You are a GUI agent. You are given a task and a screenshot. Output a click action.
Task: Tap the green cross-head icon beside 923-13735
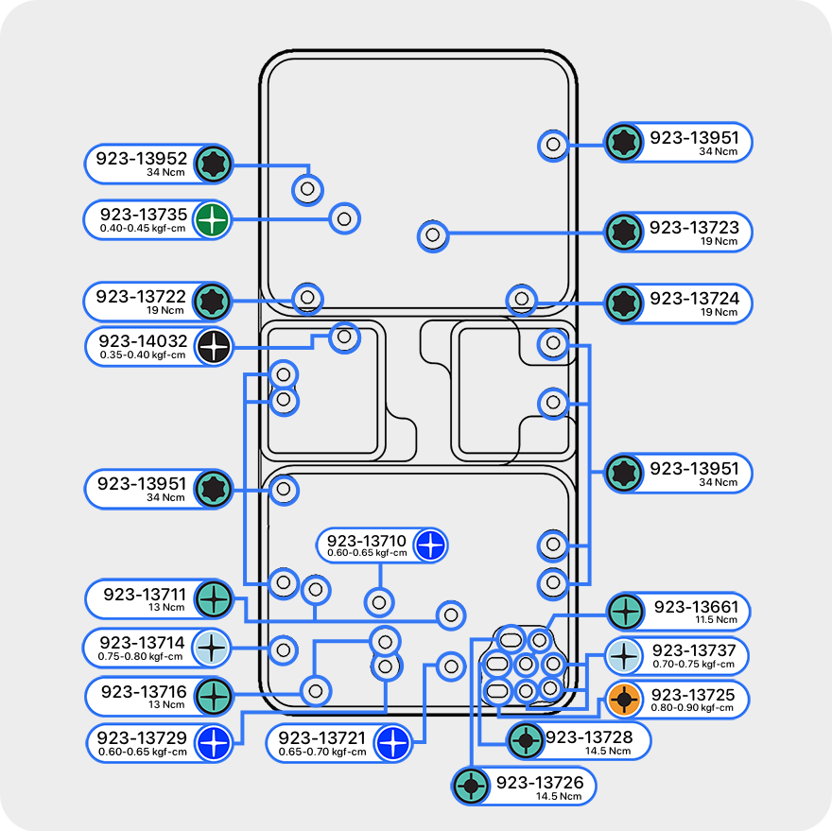(213, 220)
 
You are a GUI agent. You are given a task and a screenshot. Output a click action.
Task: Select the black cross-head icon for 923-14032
(214, 346)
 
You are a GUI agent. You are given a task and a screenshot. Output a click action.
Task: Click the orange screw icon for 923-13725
(624, 701)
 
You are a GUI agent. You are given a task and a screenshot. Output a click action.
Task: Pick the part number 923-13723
(694, 227)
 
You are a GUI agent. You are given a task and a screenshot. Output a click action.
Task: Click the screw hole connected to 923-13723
(433, 234)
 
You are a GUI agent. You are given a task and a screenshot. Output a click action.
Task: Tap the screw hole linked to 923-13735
(344, 218)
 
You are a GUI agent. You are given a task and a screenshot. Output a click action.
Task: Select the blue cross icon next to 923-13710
(429, 545)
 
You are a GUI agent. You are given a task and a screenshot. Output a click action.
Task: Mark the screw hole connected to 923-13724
(520, 301)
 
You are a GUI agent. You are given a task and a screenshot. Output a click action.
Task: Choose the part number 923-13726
(541, 782)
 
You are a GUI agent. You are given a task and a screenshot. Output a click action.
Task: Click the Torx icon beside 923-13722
(213, 302)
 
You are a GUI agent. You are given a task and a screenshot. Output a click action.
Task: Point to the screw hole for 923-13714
(281, 649)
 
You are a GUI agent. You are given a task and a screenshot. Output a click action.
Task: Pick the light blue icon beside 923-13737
(624, 654)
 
